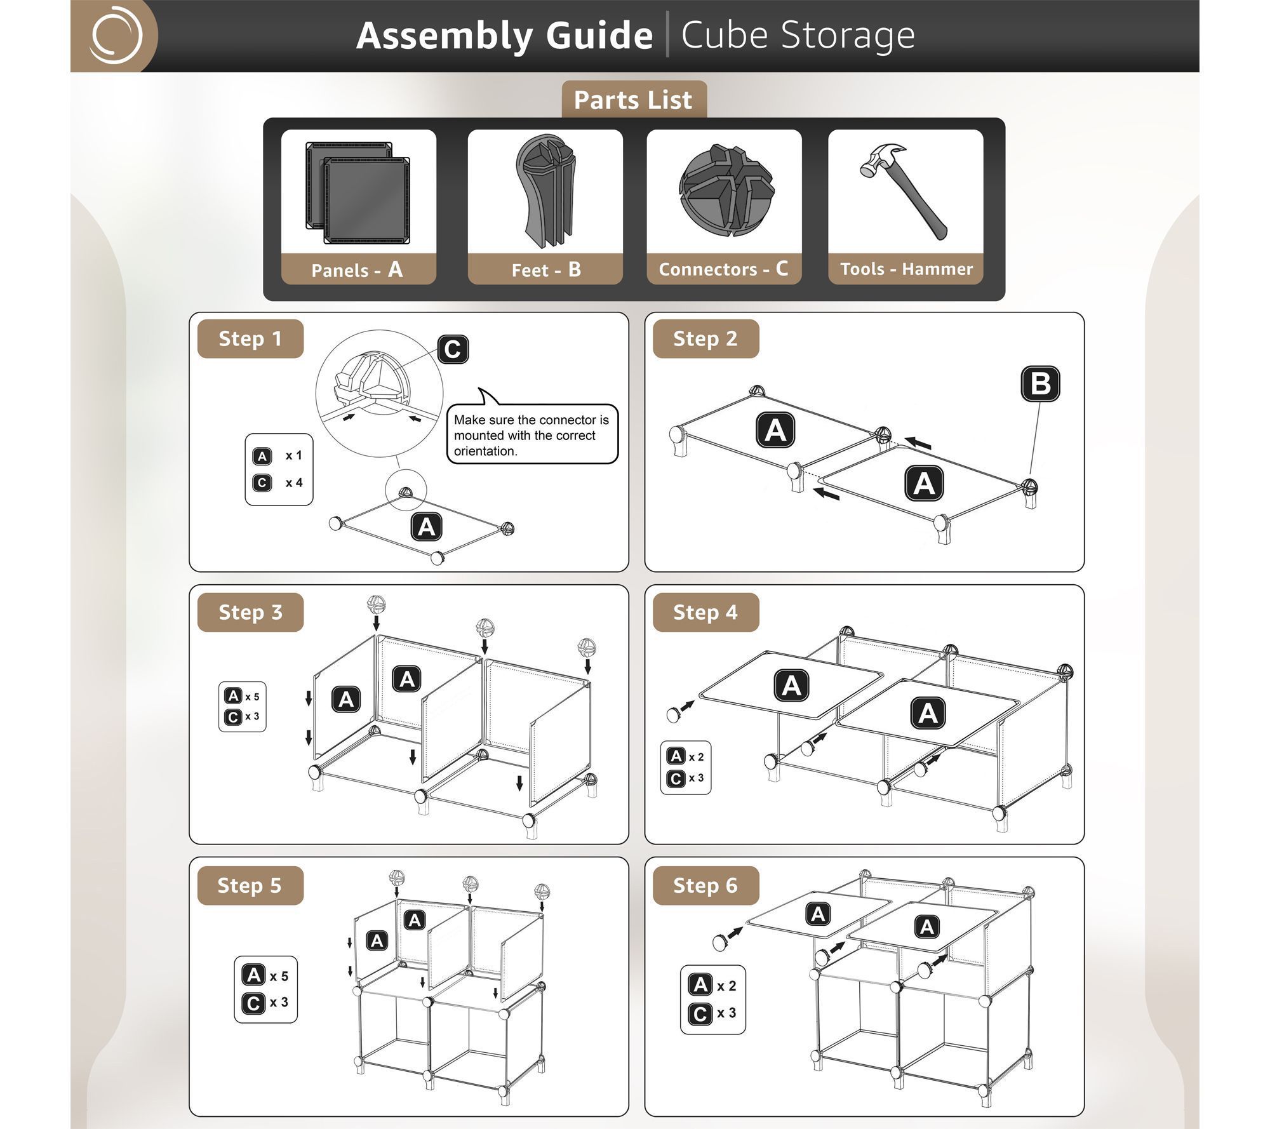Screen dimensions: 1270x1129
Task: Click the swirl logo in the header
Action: (116, 35)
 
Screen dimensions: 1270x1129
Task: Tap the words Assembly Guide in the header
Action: (505, 36)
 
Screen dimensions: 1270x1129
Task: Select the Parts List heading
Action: (633, 100)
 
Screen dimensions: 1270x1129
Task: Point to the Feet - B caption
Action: (546, 270)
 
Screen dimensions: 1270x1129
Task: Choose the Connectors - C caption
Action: (723, 269)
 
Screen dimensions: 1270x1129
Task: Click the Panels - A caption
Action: (357, 270)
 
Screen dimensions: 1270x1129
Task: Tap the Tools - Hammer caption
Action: (906, 269)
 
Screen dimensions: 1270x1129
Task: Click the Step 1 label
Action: (250, 338)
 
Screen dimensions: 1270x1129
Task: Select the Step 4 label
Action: (705, 612)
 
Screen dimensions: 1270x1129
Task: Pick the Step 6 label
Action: (705, 885)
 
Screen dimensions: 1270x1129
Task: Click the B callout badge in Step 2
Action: (1040, 384)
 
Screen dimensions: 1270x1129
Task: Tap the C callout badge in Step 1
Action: (453, 349)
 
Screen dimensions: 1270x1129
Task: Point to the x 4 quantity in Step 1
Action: (294, 483)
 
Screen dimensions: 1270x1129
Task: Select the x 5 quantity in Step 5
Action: (279, 976)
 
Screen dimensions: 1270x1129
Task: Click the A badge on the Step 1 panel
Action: (427, 527)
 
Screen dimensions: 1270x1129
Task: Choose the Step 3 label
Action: (250, 612)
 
